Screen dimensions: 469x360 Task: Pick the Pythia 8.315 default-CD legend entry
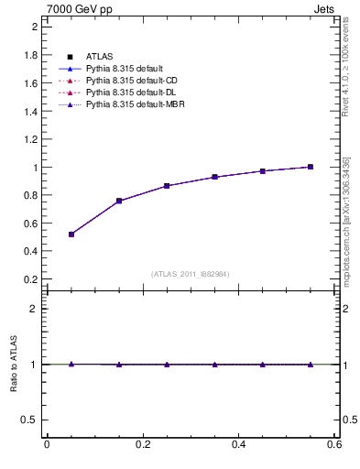point(125,82)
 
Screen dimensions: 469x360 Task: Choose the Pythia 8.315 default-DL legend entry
point(125,93)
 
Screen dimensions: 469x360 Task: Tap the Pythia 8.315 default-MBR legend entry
point(127,105)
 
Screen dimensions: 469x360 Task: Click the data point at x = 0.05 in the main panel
point(71,234)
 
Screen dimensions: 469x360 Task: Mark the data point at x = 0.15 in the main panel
point(119,201)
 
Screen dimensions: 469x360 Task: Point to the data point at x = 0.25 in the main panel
point(167,186)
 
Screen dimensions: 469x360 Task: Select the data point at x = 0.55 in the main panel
point(311,167)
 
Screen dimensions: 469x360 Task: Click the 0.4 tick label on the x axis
point(238,445)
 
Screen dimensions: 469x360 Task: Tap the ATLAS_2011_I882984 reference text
point(191,274)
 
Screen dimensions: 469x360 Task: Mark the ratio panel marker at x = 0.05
point(71,364)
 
